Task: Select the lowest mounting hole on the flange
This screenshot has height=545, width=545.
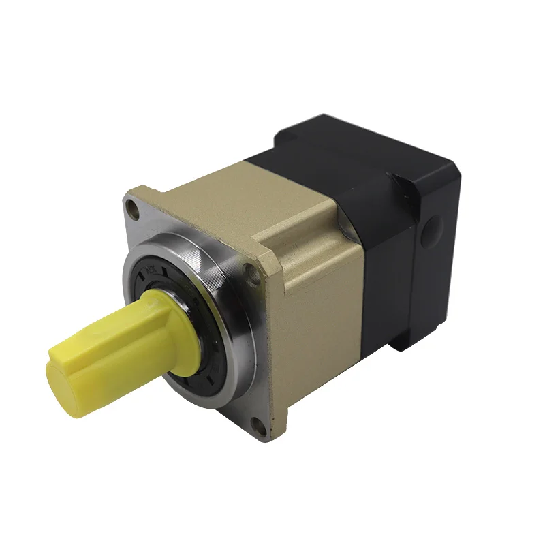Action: pos(256,429)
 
